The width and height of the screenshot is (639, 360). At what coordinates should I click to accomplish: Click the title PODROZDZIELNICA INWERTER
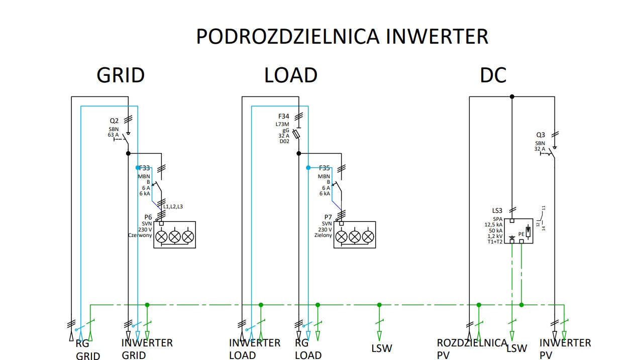(342, 37)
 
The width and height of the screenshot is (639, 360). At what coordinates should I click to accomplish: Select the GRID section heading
(121, 75)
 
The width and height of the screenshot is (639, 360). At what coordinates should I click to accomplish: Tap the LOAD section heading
(291, 75)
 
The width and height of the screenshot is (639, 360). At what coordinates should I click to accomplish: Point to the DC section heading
(493, 75)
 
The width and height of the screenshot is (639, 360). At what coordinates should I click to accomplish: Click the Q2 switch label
(114, 121)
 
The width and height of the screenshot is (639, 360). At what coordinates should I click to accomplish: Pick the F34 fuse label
(283, 116)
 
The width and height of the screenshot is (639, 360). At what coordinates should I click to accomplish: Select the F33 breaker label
(144, 168)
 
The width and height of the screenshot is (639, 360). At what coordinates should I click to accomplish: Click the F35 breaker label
(325, 168)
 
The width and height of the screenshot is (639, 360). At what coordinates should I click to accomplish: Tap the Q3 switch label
(541, 135)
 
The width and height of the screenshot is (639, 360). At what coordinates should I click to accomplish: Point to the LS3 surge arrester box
(518, 231)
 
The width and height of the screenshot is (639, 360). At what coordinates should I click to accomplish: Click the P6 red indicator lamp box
(175, 235)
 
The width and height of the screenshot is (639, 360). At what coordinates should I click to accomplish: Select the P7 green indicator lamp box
(355, 235)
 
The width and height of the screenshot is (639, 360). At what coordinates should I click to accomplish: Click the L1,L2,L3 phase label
(173, 207)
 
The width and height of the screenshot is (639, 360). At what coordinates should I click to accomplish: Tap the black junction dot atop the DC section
(512, 96)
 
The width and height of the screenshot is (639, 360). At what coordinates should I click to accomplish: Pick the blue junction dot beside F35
(308, 168)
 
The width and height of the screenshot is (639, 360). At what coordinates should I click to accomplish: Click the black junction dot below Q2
(129, 153)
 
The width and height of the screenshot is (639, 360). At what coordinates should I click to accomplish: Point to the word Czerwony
(140, 235)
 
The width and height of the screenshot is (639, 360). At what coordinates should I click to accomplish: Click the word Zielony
(323, 235)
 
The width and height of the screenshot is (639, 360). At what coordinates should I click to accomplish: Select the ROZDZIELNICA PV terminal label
(472, 349)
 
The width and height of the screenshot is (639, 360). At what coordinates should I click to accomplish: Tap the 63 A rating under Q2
(113, 135)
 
